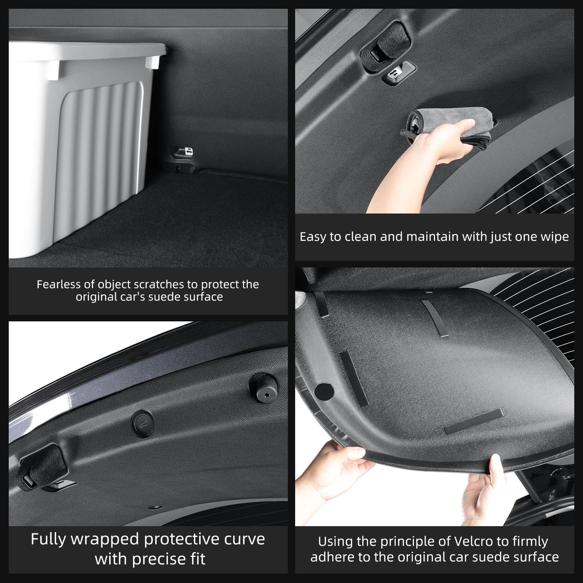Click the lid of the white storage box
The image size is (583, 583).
pos(87,51)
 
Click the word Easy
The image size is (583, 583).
pos(313,237)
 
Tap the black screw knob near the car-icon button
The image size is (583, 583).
pos(262,390)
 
